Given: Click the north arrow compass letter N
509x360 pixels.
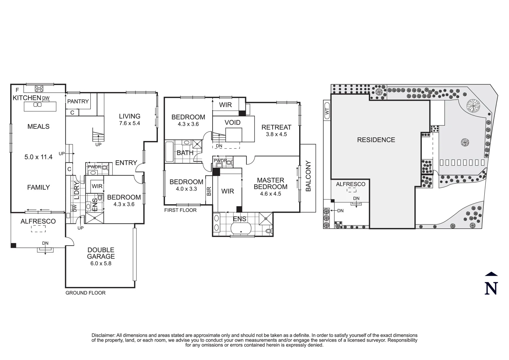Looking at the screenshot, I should (x=491, y=288).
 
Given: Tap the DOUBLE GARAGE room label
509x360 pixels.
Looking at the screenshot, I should (x=101, y=253).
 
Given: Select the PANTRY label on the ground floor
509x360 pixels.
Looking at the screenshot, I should (x=78, y=101).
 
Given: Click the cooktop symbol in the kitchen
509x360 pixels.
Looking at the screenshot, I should (x=39, y=89).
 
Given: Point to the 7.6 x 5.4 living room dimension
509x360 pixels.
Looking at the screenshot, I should (x=130, y=123).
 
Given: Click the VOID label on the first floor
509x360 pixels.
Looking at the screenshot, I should (x=233, y=122).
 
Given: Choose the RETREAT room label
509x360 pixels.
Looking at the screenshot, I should (x=276, y=127).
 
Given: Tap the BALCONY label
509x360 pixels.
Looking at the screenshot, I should (x=308, y=176).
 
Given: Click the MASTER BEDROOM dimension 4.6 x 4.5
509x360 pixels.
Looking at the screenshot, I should (x=270, y=194).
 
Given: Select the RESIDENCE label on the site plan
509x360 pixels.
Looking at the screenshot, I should (x=376, y=140).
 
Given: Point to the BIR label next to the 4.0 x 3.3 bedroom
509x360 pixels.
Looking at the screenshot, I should (x=209, y=191).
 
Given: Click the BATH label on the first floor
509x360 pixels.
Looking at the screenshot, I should (x=185, y=153).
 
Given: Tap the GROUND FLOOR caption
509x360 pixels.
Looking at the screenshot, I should (x=85, y=293).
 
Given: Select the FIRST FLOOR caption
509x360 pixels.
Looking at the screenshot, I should (x=180, y=210).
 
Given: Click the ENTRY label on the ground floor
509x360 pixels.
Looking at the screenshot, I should (x=126, y=163).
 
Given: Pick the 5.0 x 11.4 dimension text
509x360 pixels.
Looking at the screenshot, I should (x=38, y=157).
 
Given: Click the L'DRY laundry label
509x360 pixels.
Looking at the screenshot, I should (x=76, y=191).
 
